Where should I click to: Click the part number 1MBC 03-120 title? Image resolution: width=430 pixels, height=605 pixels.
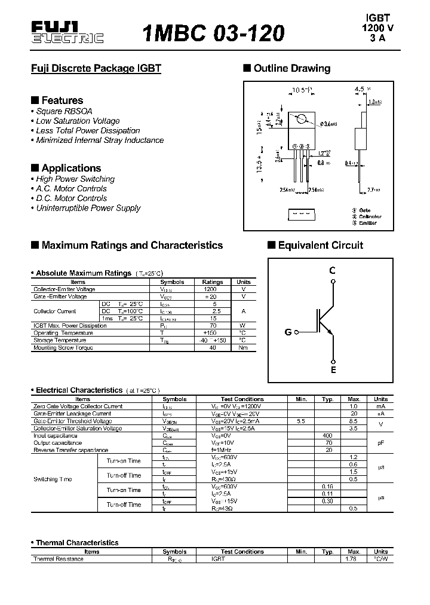214,33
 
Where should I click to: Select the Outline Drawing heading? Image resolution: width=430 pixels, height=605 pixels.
291,68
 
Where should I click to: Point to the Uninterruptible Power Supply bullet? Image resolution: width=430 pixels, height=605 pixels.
88,208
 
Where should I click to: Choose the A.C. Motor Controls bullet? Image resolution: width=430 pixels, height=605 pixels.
71,188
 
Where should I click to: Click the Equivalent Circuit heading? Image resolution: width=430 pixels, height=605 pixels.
320,245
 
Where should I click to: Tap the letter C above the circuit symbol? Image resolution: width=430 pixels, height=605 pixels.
333,270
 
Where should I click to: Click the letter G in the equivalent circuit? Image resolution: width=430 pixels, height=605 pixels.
288,332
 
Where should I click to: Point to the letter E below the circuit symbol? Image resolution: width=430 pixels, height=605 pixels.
333,370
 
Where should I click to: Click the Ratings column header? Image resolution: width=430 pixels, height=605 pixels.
213,282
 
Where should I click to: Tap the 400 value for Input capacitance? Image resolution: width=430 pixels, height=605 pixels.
327,436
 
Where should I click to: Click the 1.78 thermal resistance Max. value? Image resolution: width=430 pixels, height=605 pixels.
354,559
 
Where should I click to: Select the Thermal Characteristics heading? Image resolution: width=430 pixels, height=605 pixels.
77,543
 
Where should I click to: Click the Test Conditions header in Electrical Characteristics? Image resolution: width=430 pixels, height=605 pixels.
242,399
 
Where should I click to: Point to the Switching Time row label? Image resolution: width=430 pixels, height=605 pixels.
54,479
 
